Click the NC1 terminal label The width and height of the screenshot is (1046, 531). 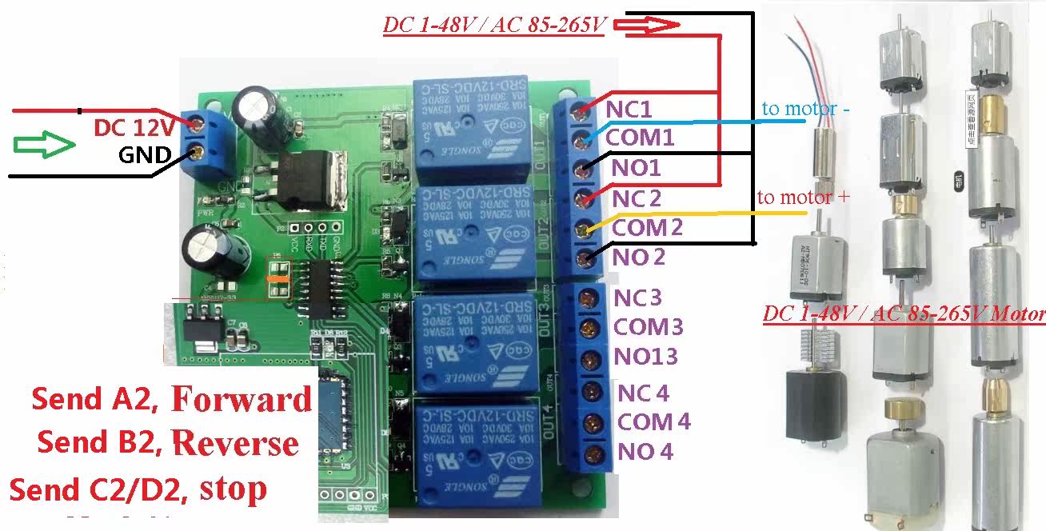point(629,108)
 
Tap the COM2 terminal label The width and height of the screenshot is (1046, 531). point(647,228)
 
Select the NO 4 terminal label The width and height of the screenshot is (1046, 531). point(645,453)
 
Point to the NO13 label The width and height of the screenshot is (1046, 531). point(645,357)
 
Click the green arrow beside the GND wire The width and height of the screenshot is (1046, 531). point(44,145)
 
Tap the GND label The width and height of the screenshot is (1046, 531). point(145,155)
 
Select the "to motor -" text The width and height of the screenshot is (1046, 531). point(805,108)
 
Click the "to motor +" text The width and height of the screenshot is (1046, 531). point(803,197)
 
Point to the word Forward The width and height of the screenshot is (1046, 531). point(242,399)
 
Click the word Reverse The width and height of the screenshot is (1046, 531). point(235,442)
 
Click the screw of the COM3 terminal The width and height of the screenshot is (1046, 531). point(589,328)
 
